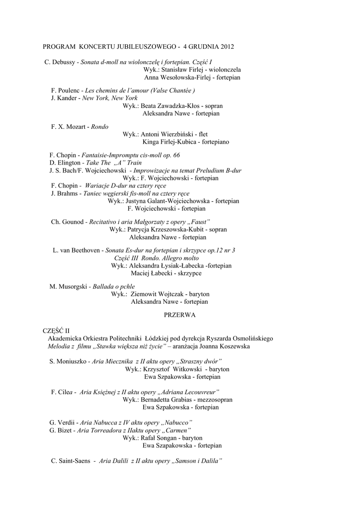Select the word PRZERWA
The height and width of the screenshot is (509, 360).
(180, 315)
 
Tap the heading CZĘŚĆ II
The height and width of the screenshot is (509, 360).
(56, 331)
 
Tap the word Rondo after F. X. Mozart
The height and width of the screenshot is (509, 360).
(99, 127)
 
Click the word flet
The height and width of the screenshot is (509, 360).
(203, 134)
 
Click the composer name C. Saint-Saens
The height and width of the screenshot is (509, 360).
(71, 461)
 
